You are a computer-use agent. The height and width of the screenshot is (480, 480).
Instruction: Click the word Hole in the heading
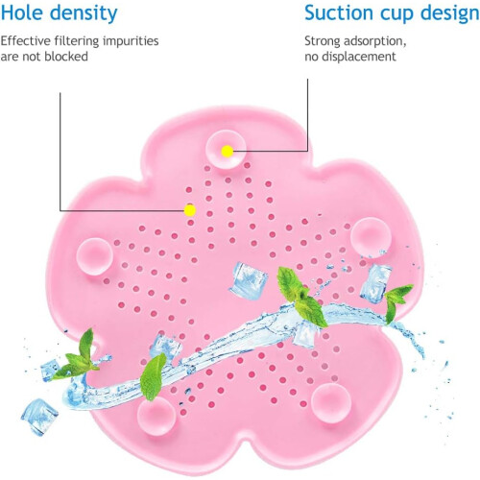coord(21,12)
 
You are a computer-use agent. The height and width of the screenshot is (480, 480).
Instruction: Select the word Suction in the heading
coord(339,12)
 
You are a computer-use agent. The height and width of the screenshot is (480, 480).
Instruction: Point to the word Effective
coord(25,41)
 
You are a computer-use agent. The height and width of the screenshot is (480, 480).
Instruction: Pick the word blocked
coord(66,57)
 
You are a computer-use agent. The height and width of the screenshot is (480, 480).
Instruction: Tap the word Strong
coord(323,41)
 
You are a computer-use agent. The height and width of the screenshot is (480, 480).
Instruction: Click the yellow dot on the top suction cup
coord(228,151)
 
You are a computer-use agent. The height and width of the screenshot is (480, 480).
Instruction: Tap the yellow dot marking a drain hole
coord(190,210)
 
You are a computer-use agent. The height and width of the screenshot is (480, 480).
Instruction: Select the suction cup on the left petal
coord(94,256)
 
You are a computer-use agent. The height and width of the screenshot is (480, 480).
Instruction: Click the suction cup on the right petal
coord(371,237)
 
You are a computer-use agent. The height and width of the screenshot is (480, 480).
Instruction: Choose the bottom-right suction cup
coord(331,403)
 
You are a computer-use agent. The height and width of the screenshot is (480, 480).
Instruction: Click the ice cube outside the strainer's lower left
coord(39,417)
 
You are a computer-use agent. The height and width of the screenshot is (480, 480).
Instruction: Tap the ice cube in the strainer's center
coord(249,280)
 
